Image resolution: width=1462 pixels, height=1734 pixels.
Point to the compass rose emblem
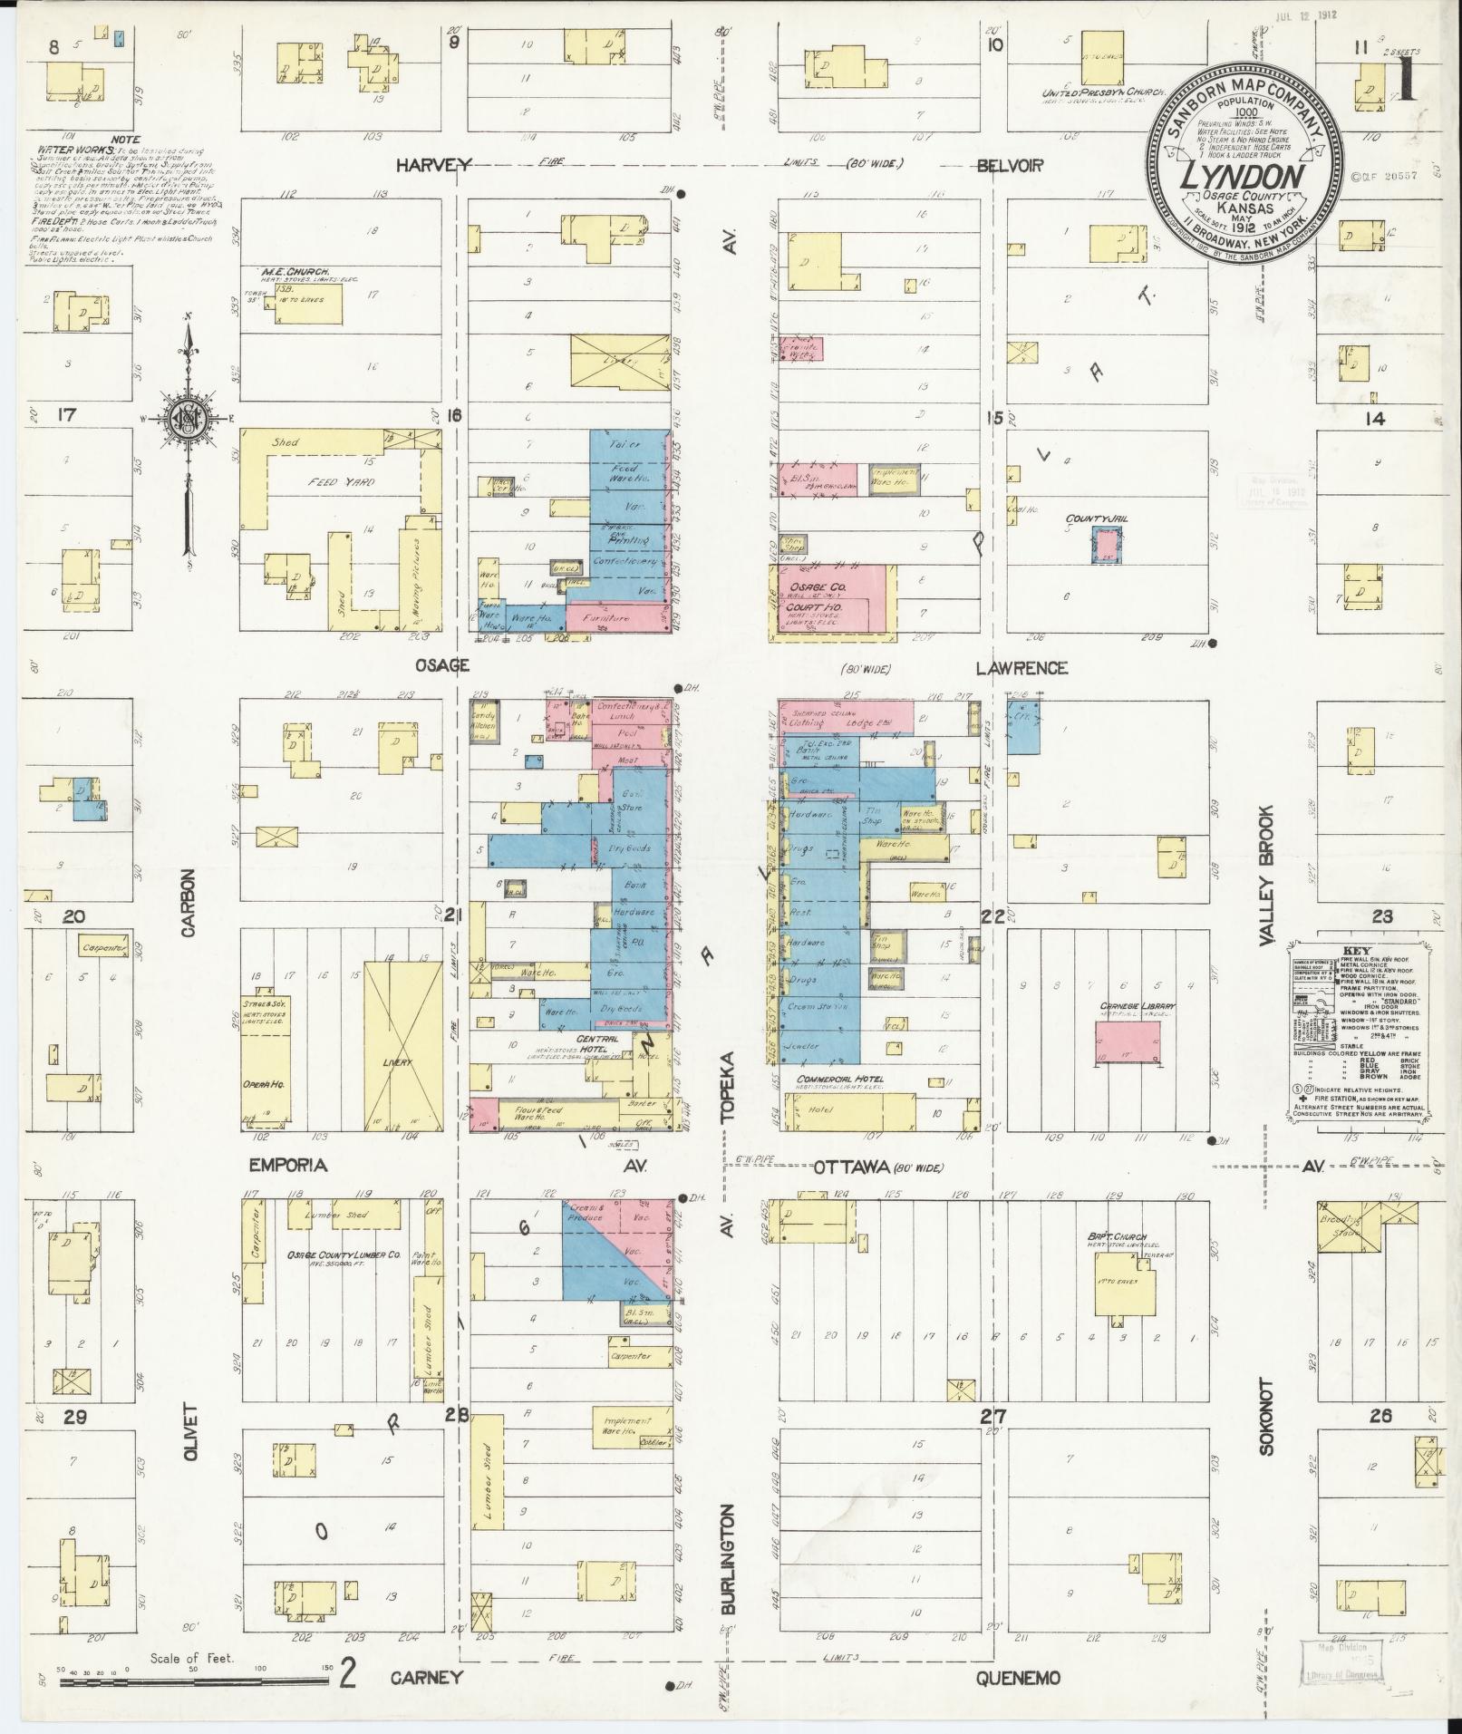click(189, 418)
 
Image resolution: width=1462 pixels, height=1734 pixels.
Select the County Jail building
click(1105, 547)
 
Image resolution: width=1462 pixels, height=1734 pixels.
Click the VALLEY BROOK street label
click(1266, 876)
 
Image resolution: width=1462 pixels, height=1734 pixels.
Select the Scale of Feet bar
click(195, 1681)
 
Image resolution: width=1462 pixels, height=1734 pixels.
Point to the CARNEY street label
click(427, 1677)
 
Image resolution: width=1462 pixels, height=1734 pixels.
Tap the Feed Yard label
click(341, 481)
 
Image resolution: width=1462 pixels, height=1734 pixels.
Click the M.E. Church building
click(304, 305)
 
